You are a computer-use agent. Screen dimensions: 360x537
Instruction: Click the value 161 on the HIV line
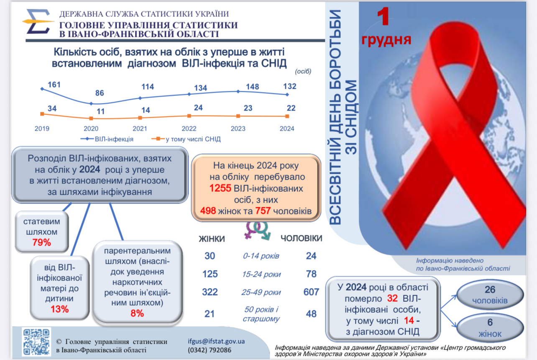coord(54,85)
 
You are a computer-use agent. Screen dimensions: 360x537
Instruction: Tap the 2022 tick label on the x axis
coord(189,129)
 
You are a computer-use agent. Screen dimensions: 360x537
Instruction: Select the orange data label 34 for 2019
coord(52,109)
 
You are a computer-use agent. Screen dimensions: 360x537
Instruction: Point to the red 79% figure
coord(41,242)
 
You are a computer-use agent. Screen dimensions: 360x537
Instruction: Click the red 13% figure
coord(60,309)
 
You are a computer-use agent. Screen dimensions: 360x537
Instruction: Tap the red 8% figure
coord(137,313)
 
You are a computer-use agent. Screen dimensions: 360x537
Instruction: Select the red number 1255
coord(220,188)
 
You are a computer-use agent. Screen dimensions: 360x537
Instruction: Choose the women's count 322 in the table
coord(210,292)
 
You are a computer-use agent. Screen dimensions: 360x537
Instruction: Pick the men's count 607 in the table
coord(311,292)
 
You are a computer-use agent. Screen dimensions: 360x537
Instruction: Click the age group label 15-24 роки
coord(261,275)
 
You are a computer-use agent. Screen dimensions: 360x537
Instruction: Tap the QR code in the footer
coord(37,342)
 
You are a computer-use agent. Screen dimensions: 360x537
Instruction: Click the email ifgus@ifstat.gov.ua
coord(217,341)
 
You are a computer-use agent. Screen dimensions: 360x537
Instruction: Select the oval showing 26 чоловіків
coord(490,294)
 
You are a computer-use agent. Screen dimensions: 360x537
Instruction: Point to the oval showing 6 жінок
coord(490,328)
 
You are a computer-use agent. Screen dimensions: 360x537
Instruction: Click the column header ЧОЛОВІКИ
coord(301,239)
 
